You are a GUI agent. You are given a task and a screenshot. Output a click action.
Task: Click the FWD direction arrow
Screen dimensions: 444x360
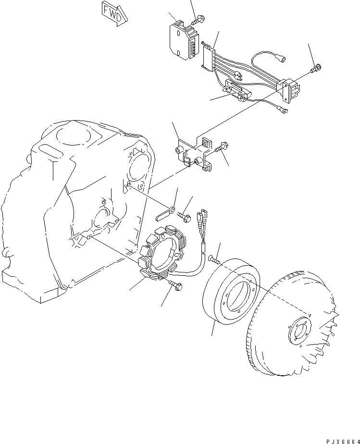(x=114, y=12)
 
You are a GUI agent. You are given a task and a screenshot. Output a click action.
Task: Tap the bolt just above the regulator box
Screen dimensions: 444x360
(x=198, y=21)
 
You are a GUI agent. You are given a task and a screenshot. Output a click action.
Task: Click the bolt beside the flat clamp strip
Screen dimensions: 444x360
(x=185, y=217)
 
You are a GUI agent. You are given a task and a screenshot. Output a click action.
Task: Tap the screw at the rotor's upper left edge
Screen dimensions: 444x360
(x=213, y=259)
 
